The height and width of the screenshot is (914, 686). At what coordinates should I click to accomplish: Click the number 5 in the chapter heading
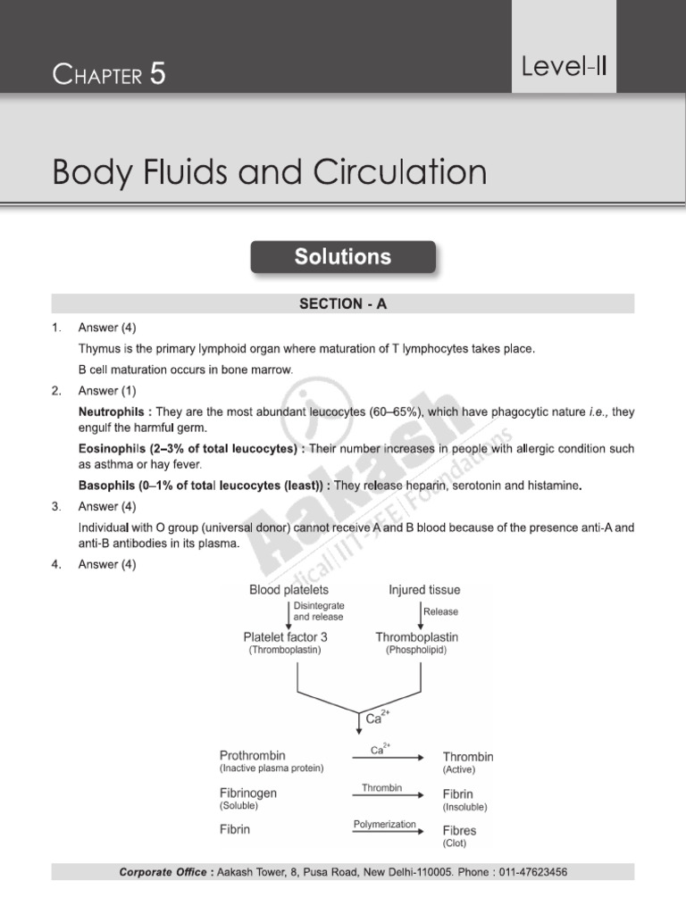tap(157, 75)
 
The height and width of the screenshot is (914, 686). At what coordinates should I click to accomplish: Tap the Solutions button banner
tap(343, 257)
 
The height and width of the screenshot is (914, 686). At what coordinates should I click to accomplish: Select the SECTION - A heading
tap(343, 304)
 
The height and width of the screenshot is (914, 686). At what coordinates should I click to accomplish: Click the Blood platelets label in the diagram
tap(289, 590)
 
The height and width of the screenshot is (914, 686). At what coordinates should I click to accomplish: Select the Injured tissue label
tap(424, 590)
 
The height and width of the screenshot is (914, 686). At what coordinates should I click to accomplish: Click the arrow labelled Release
tap(421, 612)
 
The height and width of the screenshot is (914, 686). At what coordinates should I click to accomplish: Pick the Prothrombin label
tap(253, 755)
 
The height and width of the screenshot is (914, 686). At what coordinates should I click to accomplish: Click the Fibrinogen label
tap(248, 793)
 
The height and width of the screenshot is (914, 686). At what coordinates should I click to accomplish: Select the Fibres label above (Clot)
tap(459, 830)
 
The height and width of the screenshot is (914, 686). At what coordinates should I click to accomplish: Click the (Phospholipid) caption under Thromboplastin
tap(416, 651)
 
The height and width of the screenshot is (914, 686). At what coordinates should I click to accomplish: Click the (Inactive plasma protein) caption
tap(272, 769)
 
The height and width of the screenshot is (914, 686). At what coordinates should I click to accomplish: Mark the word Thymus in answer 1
tap(99, 348)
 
